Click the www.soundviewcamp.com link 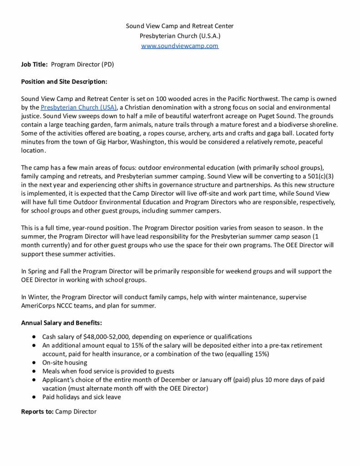(x=180, y=46)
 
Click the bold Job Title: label (x=35, y=65)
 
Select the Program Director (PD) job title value (x=82, y=65)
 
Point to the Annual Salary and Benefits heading (x=61, y=323)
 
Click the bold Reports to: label (x=37, y=412)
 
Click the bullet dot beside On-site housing (x=35, y=363)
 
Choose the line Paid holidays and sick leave (x=81, y=397)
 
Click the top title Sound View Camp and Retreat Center (x=180, y=26)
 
